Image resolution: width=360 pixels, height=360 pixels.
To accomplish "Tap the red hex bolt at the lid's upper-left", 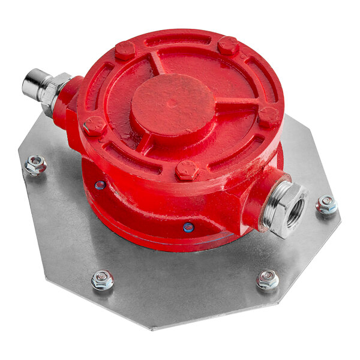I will tap(125, 50).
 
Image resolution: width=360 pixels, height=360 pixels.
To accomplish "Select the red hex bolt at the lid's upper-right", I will tap(228, 46).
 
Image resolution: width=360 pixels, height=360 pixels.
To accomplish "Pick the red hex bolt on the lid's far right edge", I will tap(268, 116).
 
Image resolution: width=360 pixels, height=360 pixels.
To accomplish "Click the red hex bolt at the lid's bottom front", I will tap(187, 170).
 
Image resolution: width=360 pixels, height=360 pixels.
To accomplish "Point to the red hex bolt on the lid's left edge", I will tap(94, 126).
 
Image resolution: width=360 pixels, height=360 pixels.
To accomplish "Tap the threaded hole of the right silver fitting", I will tap(294, 213).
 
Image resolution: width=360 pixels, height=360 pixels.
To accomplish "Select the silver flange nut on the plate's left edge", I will tap(36, 164).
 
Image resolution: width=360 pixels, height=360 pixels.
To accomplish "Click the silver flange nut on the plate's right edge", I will tap(326, 205).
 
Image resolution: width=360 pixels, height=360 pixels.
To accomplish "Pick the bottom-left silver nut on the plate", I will tap(103, 279).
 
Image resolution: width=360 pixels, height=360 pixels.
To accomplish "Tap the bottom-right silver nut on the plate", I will tap(267, 278).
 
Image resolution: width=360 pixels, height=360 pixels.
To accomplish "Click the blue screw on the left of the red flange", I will tap(100, 185).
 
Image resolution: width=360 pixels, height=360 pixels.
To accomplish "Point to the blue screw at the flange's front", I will tap(188, 227).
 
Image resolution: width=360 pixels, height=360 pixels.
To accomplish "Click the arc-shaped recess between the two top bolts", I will tap(178, 41).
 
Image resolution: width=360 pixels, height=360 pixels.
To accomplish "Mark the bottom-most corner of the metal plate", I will tap(154, 328).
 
